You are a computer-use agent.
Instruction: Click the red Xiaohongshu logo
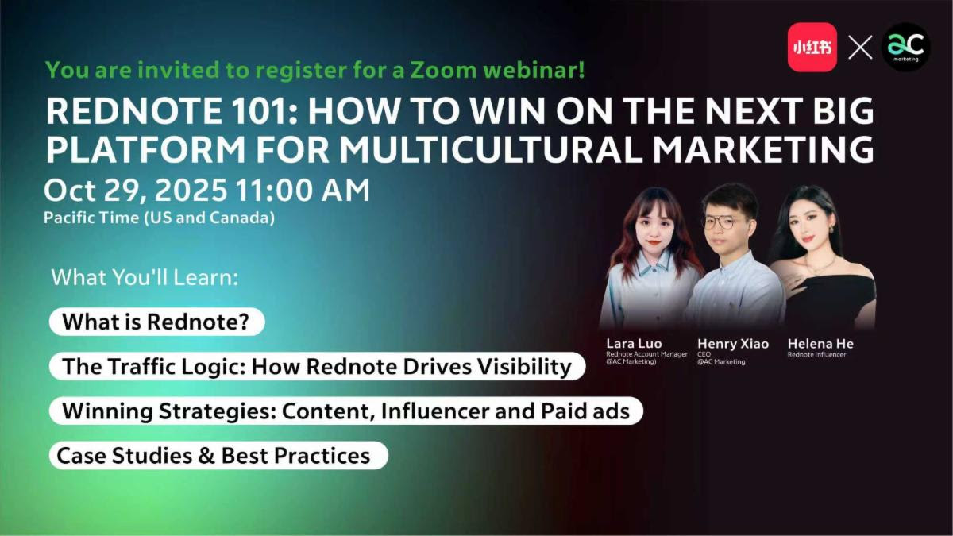812,47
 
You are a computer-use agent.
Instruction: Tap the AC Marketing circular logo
906,47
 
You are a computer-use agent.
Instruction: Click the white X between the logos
860,47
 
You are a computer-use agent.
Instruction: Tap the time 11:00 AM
303,190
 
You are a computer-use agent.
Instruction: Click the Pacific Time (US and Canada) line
159,218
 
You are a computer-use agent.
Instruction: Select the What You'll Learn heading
145,277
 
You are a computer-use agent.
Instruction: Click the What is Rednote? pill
157,322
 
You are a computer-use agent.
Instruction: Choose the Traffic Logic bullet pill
318,366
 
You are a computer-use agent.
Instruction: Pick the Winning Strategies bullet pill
346,411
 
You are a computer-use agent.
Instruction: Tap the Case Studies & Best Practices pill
218,456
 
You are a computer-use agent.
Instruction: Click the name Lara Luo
634,344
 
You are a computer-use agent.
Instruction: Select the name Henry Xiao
733,344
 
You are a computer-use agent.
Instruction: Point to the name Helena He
820,344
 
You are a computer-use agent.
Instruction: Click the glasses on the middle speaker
720,222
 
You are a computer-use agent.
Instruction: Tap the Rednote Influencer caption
817,354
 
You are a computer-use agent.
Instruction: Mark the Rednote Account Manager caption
646,354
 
